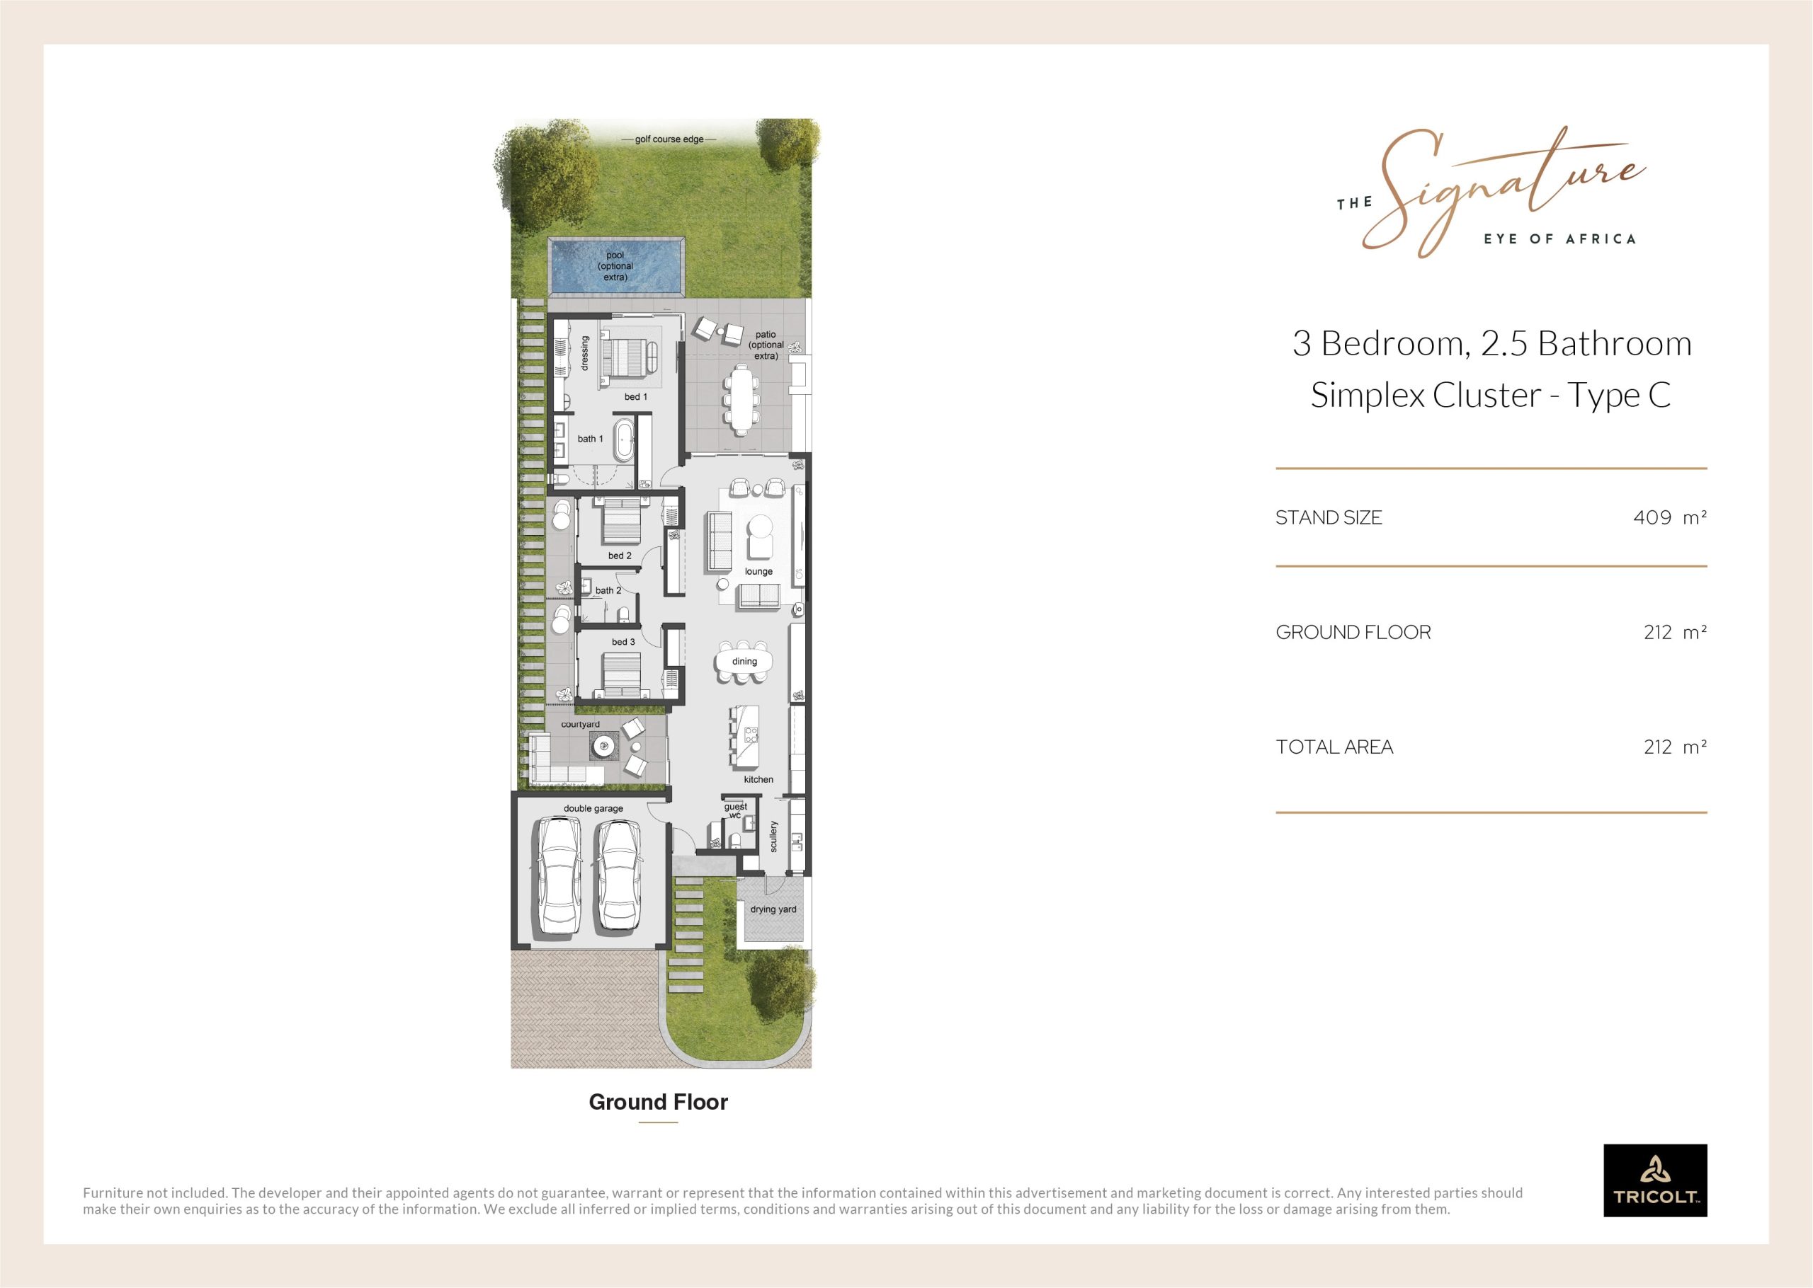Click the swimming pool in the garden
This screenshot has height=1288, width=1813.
coord(615,268)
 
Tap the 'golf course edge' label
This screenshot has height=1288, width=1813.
coord(669,139)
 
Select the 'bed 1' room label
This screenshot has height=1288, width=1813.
coord(635,396)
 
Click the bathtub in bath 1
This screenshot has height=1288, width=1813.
coord(625,440)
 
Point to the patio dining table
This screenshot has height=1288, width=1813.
coord(742,399)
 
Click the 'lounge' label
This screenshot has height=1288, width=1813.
coord(758,571)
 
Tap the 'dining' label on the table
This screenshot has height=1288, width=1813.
coord(744,662)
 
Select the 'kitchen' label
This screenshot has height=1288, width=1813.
coord(758,780)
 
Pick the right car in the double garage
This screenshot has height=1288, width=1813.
coord(618,876)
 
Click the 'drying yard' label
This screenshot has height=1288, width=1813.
coord(773,909)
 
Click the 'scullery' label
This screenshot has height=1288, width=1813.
coord(774,836)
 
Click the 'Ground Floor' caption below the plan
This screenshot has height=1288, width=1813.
coord(659,1103)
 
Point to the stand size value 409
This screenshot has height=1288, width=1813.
coord(1652,518)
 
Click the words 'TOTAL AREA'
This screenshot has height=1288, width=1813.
coord(1334,747)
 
